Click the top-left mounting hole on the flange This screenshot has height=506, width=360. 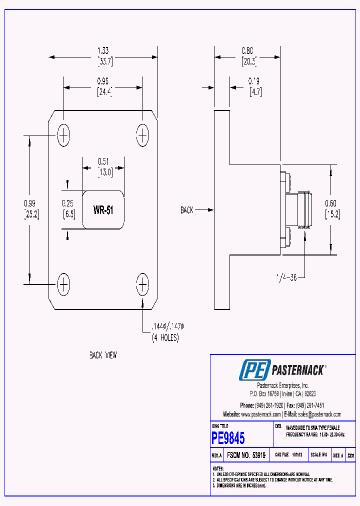coord(63,135)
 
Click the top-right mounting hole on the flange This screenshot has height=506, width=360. coord(142,135)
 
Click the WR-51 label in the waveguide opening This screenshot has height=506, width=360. coord(103,210)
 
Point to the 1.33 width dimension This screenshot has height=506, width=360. coord(103,50)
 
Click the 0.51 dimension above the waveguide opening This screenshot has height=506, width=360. coord(103,161)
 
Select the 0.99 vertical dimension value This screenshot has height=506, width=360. coord(29,203)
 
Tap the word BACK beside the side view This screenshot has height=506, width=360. coord(186,210)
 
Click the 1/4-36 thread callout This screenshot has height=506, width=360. coord(286,277)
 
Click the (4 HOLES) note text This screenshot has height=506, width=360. coord(165,338)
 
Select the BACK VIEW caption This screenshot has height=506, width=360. coord(103,355)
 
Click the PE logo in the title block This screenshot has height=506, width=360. coord(254,370)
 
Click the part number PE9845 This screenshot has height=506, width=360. coord(228,438)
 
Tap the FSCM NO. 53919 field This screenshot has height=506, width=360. coord(246,455)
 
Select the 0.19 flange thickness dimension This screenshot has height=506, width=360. coord(255,80)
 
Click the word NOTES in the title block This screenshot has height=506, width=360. coord(218,468)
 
